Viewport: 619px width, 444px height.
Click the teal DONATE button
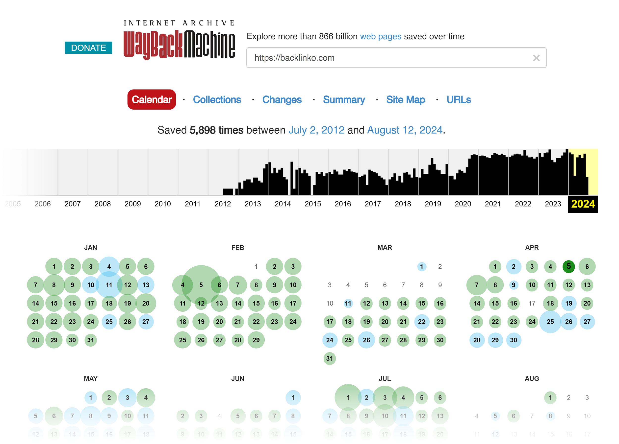(x=88, y=48)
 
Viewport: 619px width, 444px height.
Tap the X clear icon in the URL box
(x=536, y=58)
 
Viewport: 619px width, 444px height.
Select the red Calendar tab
(x=152, y=99)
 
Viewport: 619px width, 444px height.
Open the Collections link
(x=217, y=99)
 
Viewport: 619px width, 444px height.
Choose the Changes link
(x=282, y=99)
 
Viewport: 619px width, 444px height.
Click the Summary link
(x=344, y=99)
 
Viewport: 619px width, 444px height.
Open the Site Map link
(x=405, y=99)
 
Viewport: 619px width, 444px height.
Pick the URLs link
(x=459, y=99)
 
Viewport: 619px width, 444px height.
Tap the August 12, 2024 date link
(x=405, y=130)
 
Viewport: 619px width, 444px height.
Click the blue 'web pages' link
(x=381, y=36)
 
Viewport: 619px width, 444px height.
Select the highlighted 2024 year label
(x=583, y=204)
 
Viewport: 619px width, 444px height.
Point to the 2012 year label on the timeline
(x=222, y=204)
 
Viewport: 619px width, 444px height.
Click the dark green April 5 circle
(x=568, y=266)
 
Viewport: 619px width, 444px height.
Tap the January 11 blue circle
(x=109, y=285)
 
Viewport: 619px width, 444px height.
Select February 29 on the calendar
(x=256, y=340)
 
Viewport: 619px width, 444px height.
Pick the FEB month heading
(x=237, y=247)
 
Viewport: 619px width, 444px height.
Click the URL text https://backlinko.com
(x=294, y=58)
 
